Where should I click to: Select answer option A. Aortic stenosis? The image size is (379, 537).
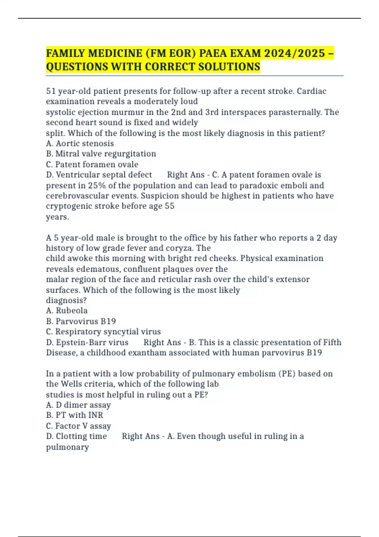80,143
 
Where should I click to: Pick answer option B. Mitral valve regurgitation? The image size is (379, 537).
101,154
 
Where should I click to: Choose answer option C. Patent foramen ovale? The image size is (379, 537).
92,165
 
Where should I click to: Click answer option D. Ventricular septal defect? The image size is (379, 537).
99,175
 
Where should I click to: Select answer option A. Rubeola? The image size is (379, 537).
67,311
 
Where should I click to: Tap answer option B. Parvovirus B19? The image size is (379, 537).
81,321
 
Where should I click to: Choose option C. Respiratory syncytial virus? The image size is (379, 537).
103,332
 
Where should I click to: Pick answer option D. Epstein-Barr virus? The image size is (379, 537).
87,342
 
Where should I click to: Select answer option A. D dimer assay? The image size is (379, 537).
78,405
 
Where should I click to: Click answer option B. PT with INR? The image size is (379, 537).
75,415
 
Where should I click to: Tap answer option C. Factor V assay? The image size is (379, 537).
78,426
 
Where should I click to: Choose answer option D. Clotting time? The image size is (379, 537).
76,436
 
